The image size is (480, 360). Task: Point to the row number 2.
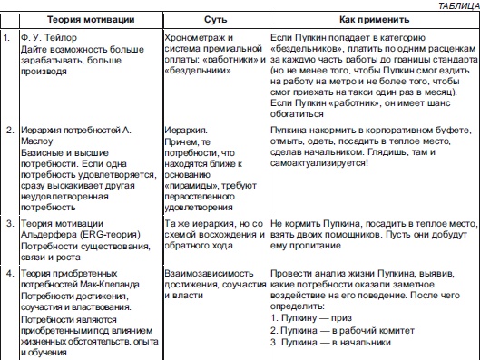[9, 131]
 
